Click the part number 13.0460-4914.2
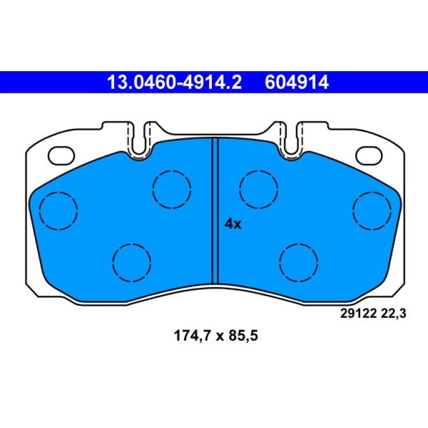coord(175,82)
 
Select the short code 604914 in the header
coord(297,82)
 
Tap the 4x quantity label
coord(233,224)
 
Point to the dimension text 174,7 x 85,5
coord(216,336)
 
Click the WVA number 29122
coord(358,313)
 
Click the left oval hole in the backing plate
coord(61,156)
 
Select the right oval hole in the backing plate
coord(369,156)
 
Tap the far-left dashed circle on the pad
coord(58,211)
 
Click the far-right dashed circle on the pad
coord(372,211)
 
